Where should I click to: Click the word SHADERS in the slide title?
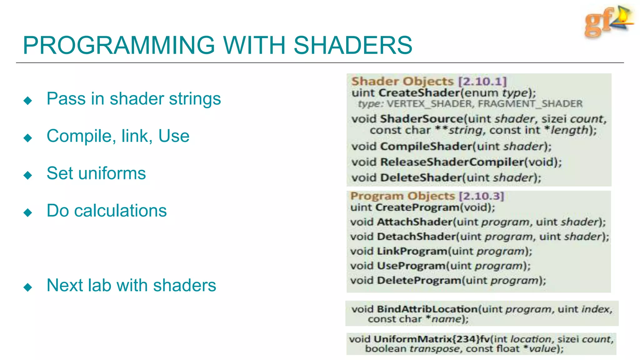(x=352, y=45)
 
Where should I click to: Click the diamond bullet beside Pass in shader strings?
(x=28, y=100)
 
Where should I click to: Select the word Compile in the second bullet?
(x=79, y=136)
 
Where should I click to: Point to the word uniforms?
(x=112, y=173)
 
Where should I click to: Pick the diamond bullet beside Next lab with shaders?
(x=28, y=287)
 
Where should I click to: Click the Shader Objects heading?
(x=402, y=81)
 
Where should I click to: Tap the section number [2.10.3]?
(x=481, y=196)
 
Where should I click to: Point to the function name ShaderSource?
(x=421, y=119)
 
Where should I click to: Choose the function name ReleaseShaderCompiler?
(x=452, y=162)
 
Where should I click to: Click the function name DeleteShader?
(x=421, y=178)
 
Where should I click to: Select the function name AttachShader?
(x=415, y=222)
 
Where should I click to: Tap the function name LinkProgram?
(x=412, y=251)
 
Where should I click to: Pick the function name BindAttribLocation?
(x=427, y=309)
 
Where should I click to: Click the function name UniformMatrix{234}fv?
(x=432, y=339)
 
